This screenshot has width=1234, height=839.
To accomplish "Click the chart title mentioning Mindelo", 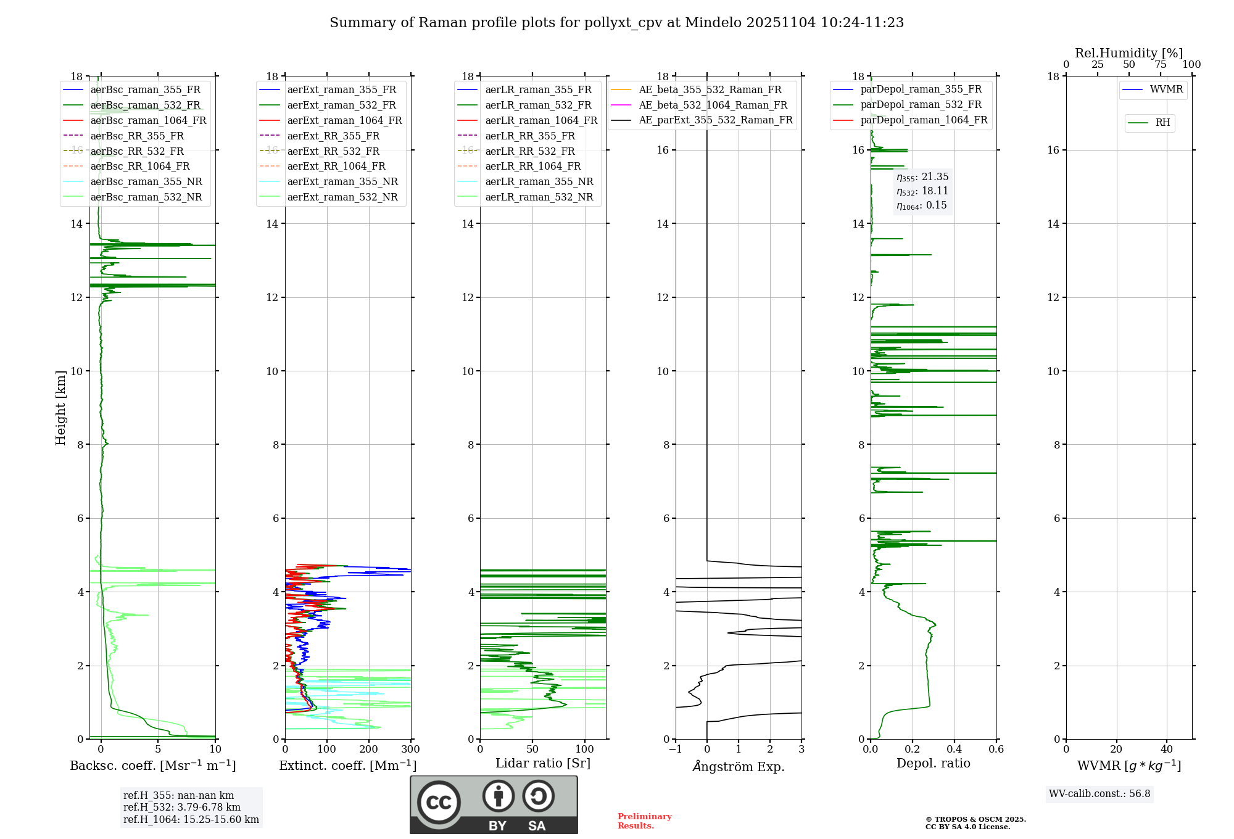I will tap(616, 23).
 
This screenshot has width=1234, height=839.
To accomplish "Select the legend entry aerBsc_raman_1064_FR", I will tap(148, 120).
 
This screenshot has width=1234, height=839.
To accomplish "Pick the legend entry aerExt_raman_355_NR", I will tap(342, 181).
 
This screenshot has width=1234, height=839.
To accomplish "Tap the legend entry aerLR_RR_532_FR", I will tap(529, 151).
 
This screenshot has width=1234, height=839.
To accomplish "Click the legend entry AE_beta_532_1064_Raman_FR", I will tap(713, 105).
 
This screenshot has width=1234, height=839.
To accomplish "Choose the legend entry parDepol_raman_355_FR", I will tap(921, 89).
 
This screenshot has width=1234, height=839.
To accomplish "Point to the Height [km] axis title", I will tap(60, 407).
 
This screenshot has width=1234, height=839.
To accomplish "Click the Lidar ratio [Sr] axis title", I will tap(543, 763).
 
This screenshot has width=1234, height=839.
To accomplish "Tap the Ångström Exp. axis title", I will tap(739, 766).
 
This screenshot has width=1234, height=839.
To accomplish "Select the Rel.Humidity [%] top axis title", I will tap(1128, 53).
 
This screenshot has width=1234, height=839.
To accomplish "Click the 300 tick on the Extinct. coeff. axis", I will tap(410, 750).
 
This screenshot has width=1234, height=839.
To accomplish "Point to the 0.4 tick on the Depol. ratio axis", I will tap(954, 750).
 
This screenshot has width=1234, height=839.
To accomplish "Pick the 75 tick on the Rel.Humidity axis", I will tap(1160, 65).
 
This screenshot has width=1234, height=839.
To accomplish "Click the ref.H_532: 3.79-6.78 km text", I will tap(181, 807).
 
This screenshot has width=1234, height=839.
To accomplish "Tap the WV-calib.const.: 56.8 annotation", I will tap(1099, 794).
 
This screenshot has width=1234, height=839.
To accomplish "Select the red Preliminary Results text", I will tap(644, 821).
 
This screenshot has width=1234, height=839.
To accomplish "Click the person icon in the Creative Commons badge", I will tap(498, 796).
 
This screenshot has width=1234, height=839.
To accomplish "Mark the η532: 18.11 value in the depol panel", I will tap(922, 191).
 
